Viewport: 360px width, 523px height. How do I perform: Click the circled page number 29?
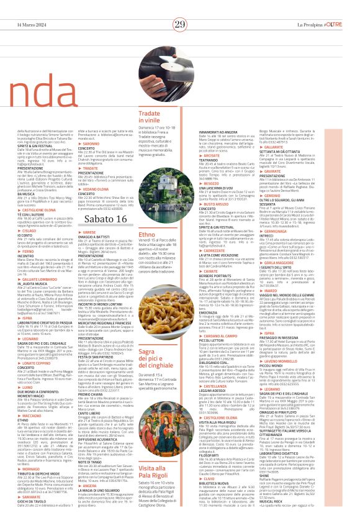180,24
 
